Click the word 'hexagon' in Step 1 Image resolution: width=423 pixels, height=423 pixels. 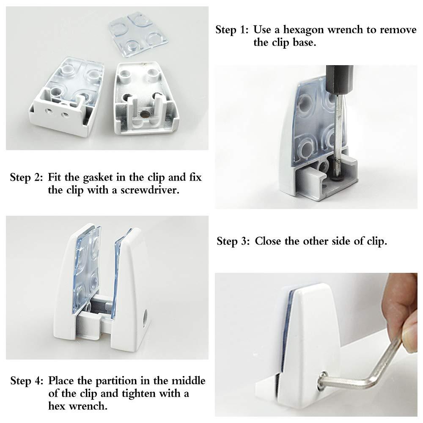pos(303,30)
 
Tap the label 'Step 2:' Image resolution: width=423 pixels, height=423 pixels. pos(26,177)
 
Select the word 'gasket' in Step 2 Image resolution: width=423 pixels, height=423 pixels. pos(98,178)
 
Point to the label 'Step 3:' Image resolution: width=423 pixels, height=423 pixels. pos(233,241)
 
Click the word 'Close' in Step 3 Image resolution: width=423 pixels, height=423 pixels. pos(268,241)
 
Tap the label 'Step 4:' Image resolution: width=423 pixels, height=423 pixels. pos(27,381)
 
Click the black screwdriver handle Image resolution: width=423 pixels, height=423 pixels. pos(339,80)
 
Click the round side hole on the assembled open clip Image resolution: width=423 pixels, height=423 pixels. pos(145,319)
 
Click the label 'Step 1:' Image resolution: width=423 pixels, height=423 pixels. pos(232,30)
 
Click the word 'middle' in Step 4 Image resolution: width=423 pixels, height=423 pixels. pos(189,381)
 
